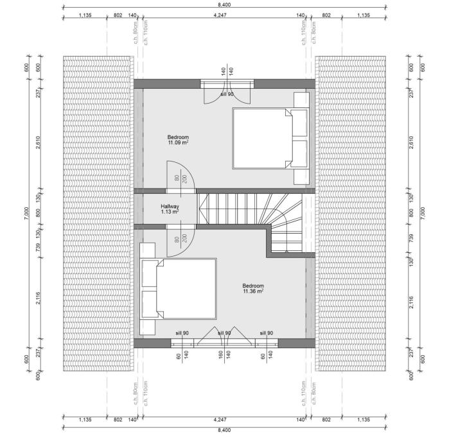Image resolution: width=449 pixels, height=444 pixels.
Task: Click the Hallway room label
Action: click(170, 206)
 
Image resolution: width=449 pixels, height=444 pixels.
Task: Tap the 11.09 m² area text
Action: click(178, 142)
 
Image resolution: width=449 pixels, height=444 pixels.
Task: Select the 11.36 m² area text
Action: click(253, 291)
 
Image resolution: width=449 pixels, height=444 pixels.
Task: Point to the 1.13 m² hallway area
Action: click(170, 212)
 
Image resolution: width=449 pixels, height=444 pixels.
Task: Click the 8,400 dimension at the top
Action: click(224, 5)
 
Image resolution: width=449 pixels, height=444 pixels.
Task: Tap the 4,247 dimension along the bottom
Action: click(220, 420)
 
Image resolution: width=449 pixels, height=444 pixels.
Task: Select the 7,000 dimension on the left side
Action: click(26, 214)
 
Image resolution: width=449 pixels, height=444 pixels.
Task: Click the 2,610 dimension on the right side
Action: click(411, 142)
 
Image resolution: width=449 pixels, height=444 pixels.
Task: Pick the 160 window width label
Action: click(220, 355)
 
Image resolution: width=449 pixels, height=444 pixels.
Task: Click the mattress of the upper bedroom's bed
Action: click(262, 138)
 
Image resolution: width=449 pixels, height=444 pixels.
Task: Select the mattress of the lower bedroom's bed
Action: click(186, 288)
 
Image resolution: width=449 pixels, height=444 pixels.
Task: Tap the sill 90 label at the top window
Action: click(227, 94)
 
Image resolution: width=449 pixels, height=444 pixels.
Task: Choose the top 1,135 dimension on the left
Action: click(85, 15)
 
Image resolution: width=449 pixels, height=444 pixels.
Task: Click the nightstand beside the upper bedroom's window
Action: click(301, 100)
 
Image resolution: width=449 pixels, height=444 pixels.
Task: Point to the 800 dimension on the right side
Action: click(411, 213)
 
